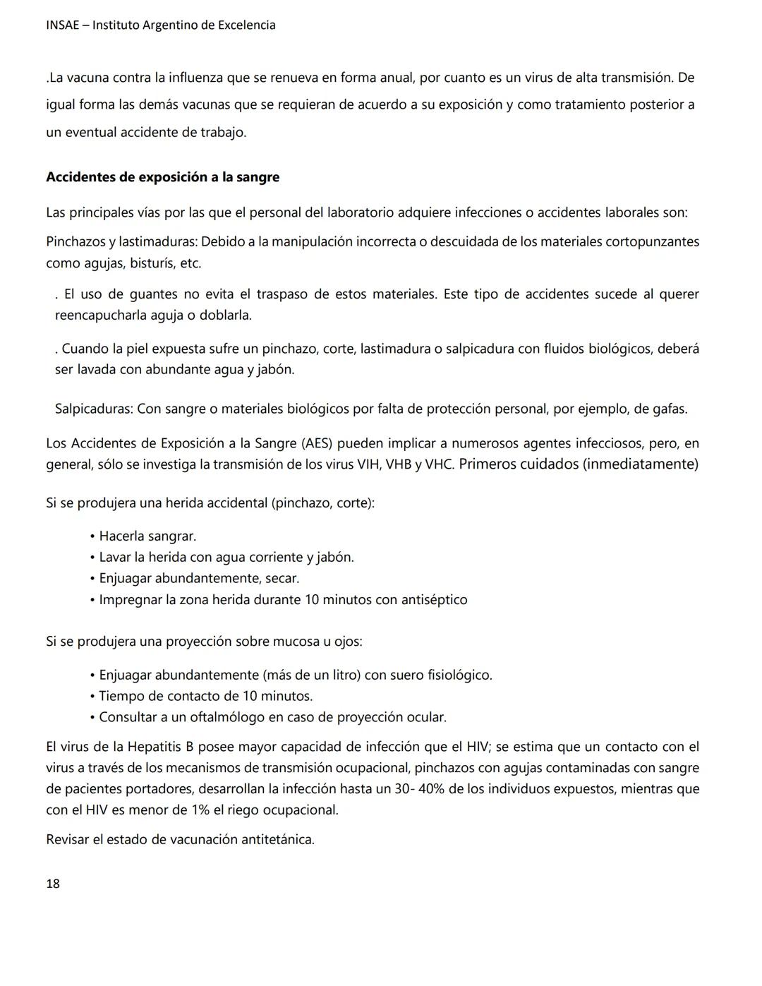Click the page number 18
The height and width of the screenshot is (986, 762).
point(53,883)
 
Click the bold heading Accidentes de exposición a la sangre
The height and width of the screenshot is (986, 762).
point(162,177)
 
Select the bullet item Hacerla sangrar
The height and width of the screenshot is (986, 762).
point(147,536)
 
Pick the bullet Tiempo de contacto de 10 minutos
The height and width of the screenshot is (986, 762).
point(205,696)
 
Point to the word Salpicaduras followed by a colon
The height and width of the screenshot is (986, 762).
point(94,409)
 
